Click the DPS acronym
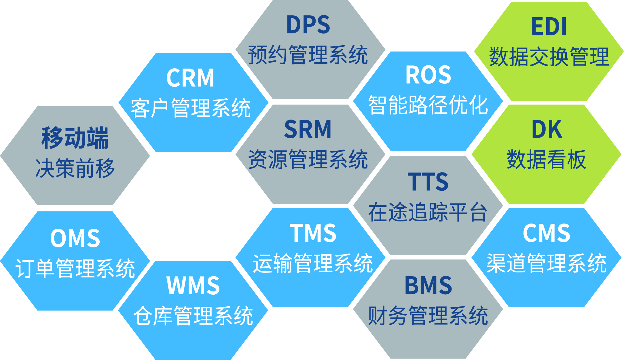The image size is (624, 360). click(308, 25)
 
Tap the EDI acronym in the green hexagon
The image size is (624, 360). click(549, 26)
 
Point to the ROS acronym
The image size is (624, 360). click(428, 75)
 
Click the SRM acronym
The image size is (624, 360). click(308, 129)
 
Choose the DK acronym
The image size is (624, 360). click(547, 130)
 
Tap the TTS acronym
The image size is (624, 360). click(428, 182)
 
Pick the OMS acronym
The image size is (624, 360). click(75, 238)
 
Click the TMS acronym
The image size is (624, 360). click(313, 233)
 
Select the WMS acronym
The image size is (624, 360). click(193, 285)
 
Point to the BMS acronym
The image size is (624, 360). click(428, 285)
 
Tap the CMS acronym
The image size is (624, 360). click(547, 233)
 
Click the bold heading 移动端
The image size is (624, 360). click(75, 138)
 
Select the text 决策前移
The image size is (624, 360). click(75, 168)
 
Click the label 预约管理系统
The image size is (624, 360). click(308, 55)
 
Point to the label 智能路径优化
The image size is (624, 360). click(428, 105)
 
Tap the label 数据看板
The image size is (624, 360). click(547, 159)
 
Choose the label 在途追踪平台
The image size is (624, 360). click(428, 212)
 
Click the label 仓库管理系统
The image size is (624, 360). click(193, 316)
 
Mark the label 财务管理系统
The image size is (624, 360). click(428, 316)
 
